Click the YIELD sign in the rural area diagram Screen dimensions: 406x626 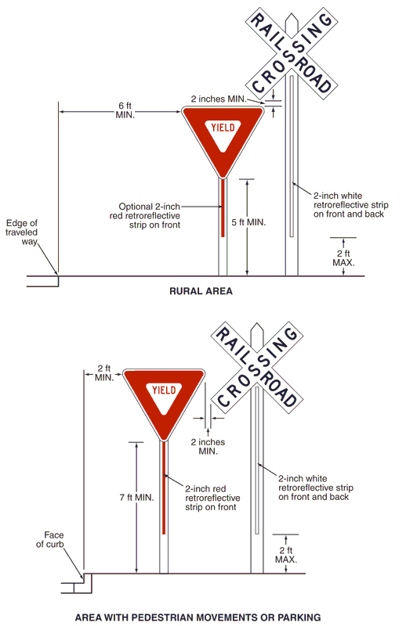click(223, 135)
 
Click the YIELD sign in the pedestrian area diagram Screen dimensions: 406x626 click(164, 399)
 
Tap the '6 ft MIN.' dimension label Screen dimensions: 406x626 click(125, 110)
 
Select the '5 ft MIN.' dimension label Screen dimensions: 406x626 click(248, 222)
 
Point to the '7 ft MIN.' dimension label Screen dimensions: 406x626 click(137, 498)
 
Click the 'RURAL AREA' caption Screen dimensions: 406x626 click(201, 291)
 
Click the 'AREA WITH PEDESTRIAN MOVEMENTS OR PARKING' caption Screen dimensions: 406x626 click(198, 617)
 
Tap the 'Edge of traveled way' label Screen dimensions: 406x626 click(22, 232)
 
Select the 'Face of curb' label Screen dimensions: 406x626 click(50, 539)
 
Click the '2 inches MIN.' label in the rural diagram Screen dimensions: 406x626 click(219, 99)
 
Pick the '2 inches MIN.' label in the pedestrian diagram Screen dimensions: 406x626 click(208, 447)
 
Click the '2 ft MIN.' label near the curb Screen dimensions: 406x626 click(104, 373)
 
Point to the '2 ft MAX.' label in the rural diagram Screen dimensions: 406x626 click(343, 258)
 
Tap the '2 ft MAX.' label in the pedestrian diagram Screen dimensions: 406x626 click(286, 555)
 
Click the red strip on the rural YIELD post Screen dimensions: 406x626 click(223, 207)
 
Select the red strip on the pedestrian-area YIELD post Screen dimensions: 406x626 click(164, 487)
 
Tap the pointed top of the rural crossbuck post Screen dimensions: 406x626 click(292, 15)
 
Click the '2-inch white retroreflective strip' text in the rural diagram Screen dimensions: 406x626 click(351, 205)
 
